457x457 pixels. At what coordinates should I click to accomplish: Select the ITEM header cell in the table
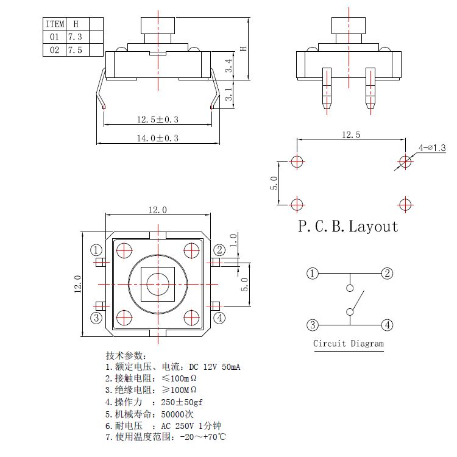click(55, 24)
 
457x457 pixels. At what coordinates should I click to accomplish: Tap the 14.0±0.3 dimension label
click(157, 138)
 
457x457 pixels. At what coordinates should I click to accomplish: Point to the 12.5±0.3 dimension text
click(157, 120)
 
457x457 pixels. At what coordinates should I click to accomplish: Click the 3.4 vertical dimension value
click(228, 66)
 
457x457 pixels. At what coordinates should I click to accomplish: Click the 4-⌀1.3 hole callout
click(432, 148)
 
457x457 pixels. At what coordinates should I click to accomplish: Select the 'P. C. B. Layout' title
click(348, 227)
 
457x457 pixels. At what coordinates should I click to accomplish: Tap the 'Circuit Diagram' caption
click(349, 344)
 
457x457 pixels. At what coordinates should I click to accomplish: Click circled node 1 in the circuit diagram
click(312, 274)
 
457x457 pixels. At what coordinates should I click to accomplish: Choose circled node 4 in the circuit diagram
click(387, 325)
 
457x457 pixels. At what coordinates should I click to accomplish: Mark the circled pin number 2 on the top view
click(219, 250)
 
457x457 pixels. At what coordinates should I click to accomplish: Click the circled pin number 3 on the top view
click(96, 317)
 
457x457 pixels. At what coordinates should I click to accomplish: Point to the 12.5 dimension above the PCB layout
click(350, 135)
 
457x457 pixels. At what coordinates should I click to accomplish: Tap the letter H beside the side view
click(243, 48)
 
